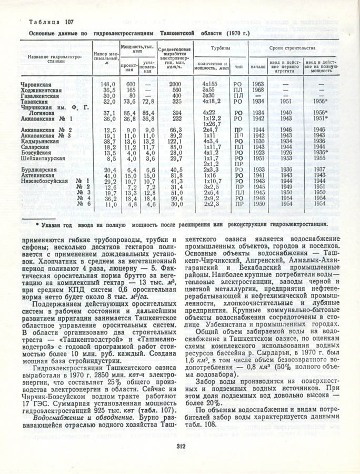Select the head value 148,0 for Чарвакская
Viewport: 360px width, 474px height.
108,84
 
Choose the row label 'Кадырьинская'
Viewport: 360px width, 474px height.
42,142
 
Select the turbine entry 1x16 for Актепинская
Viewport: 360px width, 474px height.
210,175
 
